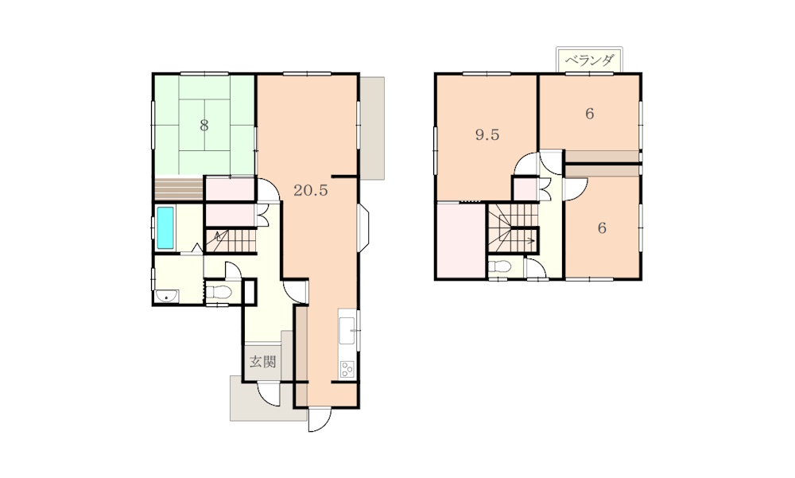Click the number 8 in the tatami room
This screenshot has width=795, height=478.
204,125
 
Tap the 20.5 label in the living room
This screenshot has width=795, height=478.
311,190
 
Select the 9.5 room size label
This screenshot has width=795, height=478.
487,134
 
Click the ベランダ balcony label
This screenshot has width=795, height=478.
589,61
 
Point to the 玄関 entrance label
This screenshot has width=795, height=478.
262,362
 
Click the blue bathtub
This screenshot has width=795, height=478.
165,227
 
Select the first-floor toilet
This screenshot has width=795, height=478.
218,292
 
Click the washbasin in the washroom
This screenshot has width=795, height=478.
166,296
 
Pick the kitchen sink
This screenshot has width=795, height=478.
347,330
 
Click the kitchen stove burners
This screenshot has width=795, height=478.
347,369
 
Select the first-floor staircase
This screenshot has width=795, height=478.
231,241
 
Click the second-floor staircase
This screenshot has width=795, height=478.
512,227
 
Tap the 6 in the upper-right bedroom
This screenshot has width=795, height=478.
589,114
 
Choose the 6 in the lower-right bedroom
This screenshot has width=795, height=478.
602,227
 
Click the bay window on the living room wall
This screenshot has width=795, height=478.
363,227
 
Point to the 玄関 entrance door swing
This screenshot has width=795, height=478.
269,394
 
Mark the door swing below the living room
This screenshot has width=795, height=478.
320,420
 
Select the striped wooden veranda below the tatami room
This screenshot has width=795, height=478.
179,188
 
